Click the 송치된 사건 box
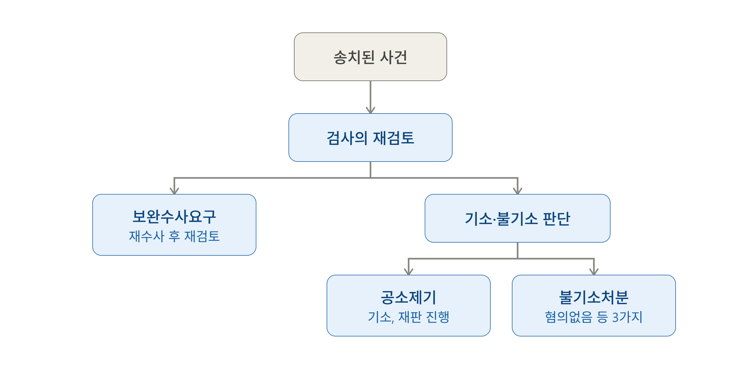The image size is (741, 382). point(370,57)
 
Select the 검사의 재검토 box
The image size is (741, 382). point(370,138)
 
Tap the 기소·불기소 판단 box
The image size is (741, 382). point(517,218)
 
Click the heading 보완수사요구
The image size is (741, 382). point(174,216)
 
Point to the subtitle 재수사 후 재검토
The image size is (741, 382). point(174,236)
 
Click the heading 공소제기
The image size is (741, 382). point(408,297)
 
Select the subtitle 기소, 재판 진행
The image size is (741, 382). point(408,317)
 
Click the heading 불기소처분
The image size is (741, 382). point(594,297)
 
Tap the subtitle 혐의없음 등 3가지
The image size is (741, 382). point(594,317)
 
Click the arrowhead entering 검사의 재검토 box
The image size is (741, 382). point(370,111)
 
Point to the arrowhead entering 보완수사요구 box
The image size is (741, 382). point(174,191)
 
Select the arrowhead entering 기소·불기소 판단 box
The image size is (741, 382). point(518,191)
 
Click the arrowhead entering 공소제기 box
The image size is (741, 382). point(408,272)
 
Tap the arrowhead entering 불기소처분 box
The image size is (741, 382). point(594,272)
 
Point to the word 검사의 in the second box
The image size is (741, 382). point(347,138)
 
